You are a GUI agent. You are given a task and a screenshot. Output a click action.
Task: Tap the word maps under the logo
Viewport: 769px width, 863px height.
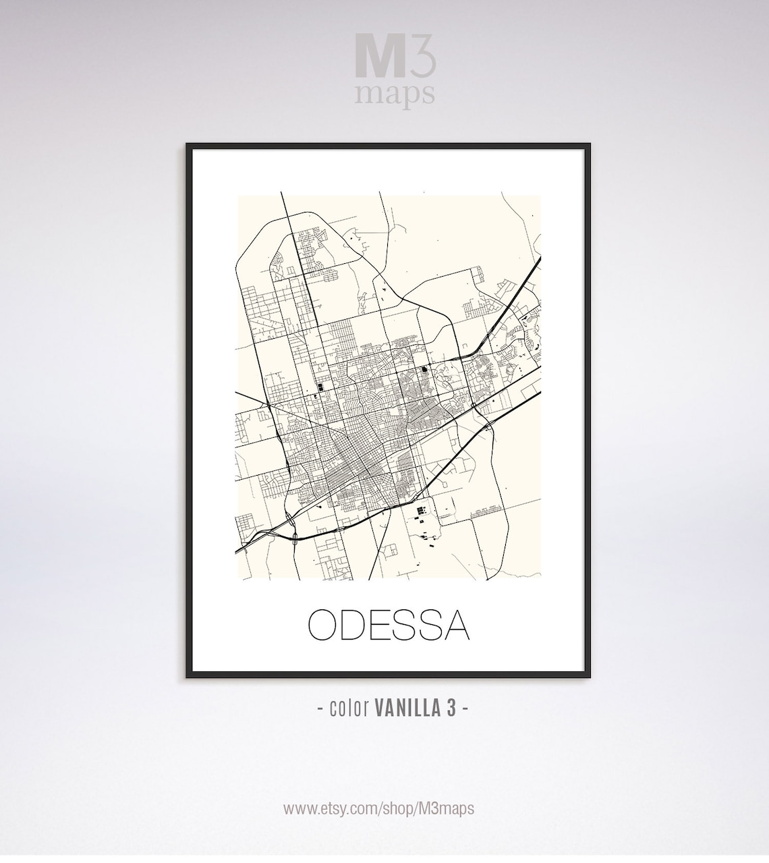coord(395,94)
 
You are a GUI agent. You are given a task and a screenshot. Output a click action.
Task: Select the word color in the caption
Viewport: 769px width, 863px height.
coord(349,708)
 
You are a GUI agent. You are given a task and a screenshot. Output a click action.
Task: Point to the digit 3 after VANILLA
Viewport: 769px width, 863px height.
coord(449,708)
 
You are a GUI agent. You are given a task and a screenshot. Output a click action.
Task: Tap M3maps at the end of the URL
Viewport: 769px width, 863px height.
coord(447,808)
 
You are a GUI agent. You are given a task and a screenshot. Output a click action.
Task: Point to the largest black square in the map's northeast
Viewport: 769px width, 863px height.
coord(425,369)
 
